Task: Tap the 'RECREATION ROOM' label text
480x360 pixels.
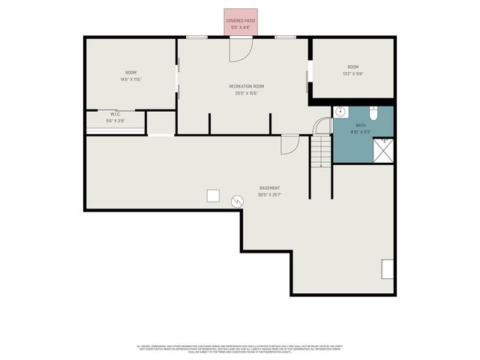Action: point(246,86)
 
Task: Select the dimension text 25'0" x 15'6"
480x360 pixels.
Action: point(246,93)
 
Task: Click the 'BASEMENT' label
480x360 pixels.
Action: point(270,187)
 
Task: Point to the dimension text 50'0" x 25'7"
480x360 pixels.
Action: point(270,194)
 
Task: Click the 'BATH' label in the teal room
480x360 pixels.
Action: point(361,125)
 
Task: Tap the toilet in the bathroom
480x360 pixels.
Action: point(373,112)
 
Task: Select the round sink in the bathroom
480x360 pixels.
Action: point(340,112)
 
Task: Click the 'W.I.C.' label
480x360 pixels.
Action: point(115,114)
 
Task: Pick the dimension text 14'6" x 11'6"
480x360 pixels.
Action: point(130,79)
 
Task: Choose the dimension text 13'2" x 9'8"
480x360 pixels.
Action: point(352,73)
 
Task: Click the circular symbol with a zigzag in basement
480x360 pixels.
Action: point(237,201)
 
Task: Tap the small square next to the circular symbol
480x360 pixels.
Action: point(214,196)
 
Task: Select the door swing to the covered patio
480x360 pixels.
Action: point(241,49)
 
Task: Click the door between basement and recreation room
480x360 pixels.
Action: point(289,144)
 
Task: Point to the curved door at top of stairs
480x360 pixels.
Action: point(322,126)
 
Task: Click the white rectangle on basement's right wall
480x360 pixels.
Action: point(388,268)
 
